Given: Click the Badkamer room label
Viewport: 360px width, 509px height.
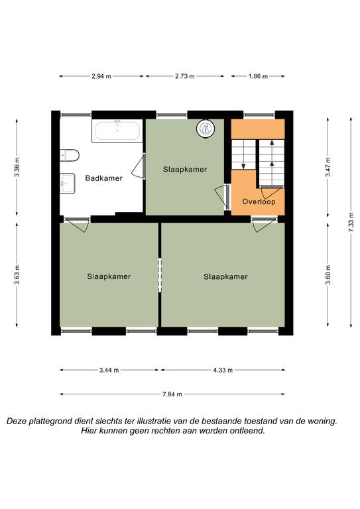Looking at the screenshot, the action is (x=103, y=178).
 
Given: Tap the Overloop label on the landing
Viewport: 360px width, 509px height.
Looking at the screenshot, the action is (x=259, y=201).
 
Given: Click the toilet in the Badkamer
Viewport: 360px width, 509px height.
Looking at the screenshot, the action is (x=70, y=155).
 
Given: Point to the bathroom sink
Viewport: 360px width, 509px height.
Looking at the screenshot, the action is (x=68, y=184).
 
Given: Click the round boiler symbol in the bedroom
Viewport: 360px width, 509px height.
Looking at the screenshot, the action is (x=206, y=129).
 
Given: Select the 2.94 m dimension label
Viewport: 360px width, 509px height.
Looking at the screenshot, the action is (x=101, y=77).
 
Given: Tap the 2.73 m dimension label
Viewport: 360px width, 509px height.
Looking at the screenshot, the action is (x=185, y=77).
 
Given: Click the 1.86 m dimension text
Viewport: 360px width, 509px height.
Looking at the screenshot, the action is (x=258, y=77).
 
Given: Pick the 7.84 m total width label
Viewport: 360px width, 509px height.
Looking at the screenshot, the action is (x=172, y=394).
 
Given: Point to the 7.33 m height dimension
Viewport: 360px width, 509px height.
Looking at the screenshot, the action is (x=351, y=222).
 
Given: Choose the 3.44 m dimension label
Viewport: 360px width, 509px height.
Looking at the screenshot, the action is (x=109, y=370).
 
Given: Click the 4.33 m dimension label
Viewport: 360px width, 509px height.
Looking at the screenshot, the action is (x=223, y=370).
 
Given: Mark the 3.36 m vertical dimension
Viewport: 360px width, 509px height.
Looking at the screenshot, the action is (x=17, y=167).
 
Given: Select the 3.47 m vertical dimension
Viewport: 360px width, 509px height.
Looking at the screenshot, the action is (x=328, y=167).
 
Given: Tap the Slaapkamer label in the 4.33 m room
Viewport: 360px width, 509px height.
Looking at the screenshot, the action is (x=225, y=277).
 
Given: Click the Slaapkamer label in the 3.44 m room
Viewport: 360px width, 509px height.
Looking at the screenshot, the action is (x=109, y=276).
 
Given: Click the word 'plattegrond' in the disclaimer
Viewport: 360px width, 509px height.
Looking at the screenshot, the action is (x=50, y=422).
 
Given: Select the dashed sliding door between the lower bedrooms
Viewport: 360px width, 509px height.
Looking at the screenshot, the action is (x=160, y=275).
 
